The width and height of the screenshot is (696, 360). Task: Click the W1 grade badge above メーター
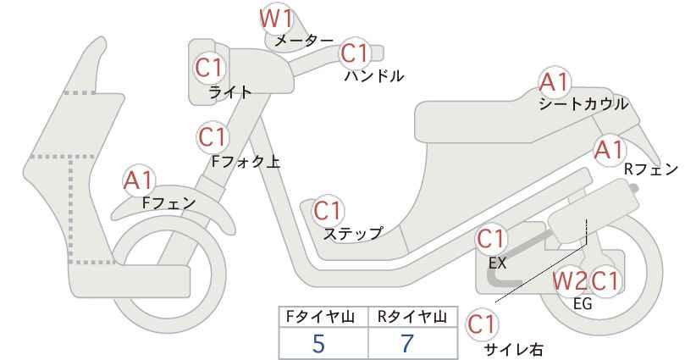277,19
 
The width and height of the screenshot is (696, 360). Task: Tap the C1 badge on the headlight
209,69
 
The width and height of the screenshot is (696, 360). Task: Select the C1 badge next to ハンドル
355,53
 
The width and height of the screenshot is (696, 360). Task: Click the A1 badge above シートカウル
554,82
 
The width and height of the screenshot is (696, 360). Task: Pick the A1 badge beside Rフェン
609,150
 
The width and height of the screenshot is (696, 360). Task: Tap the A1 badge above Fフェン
139,180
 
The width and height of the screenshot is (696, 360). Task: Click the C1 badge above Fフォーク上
213,137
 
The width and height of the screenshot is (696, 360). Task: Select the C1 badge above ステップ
328,211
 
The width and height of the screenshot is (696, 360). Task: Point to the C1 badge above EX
490,239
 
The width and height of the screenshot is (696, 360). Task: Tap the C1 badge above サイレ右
482,324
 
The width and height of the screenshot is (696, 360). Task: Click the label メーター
304,41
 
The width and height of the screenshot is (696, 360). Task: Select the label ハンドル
374,76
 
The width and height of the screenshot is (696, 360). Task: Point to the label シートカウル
583,104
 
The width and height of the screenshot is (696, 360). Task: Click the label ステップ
352,233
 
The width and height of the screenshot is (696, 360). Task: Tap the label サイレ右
514,350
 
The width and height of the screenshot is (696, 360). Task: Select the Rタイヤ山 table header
412,317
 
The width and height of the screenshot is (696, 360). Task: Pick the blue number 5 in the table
318,344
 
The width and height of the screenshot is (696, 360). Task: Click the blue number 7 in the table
407,344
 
